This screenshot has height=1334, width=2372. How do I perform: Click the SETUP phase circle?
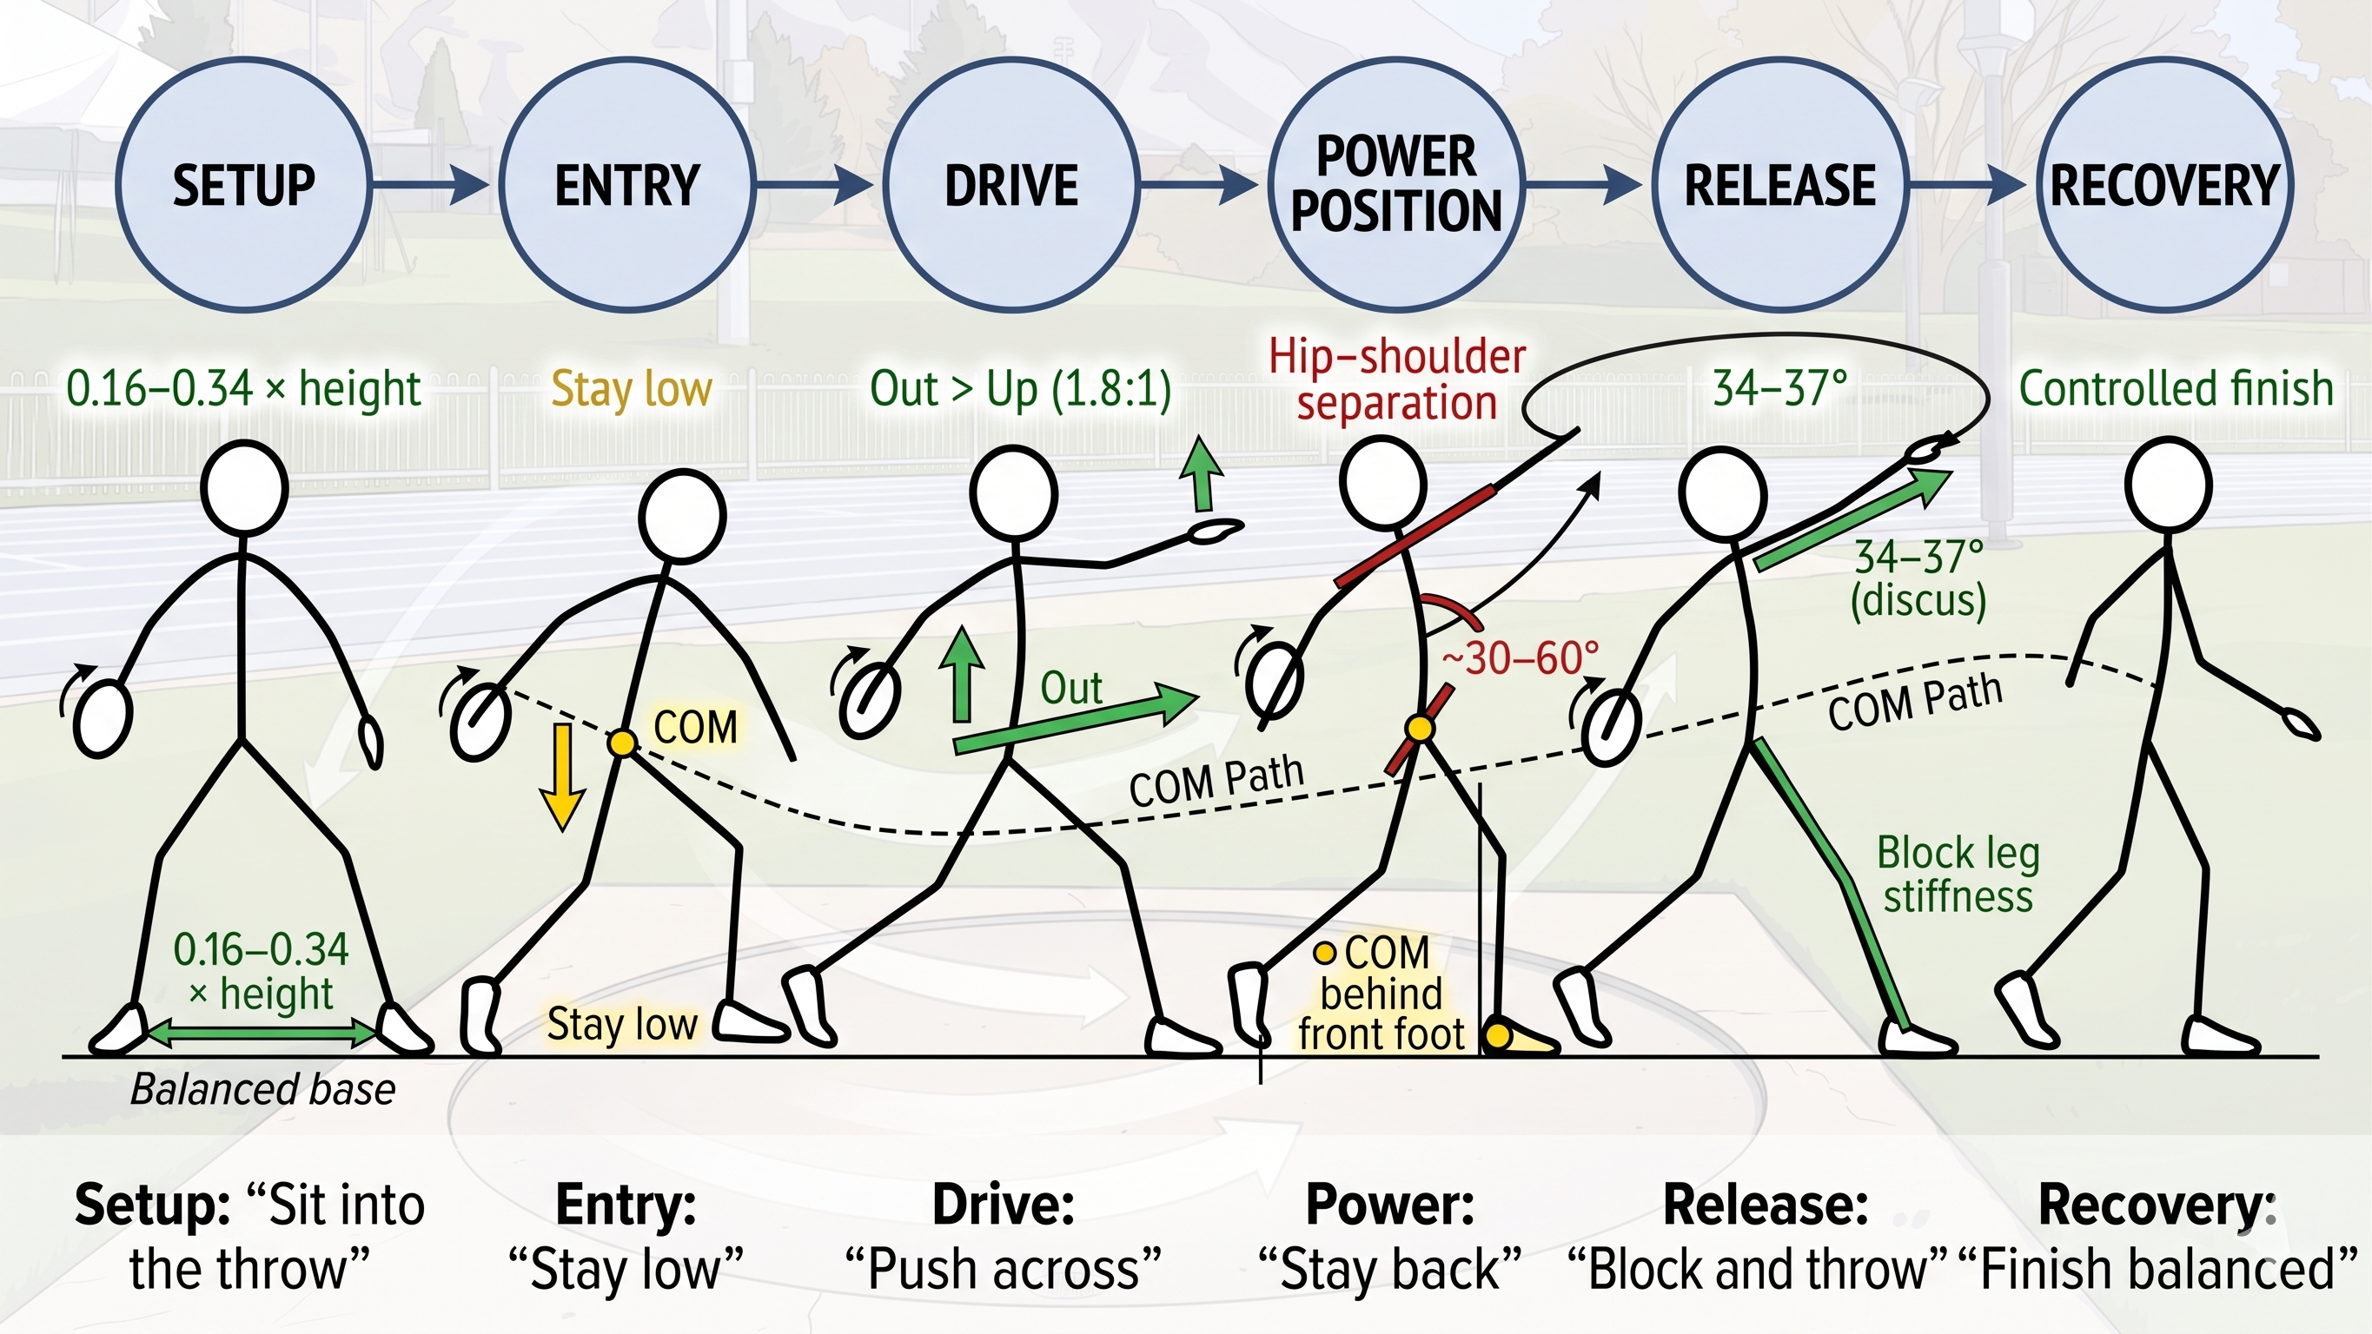coord(244,184)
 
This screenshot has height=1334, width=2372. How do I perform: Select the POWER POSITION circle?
coord(1396,184)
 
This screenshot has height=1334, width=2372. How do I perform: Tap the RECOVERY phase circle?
coord(2163,184)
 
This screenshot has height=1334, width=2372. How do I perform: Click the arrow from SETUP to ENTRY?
coord(431,185)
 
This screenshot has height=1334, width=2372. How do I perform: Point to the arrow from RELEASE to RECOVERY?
coord(1967,185)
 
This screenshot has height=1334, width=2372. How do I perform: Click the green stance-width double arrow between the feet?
coord(262,1033)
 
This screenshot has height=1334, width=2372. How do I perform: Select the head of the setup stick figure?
coord(244,487)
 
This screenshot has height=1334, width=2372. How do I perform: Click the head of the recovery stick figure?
coord(2169,485)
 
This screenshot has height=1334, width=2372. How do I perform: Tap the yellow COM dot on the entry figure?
coord(622,742)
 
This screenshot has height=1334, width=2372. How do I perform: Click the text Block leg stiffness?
coord(1958,875)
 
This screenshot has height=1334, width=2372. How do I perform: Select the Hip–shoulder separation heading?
coord(1397,380)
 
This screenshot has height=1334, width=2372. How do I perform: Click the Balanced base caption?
coord(263,1090)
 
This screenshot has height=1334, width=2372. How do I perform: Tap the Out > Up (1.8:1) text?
coord(1020,388)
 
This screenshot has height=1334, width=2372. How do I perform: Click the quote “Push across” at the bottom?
coord(1004,1269)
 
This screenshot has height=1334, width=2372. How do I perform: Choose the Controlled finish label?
coord(2176,388)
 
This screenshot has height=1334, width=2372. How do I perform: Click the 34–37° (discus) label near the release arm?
coord(1919,578)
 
